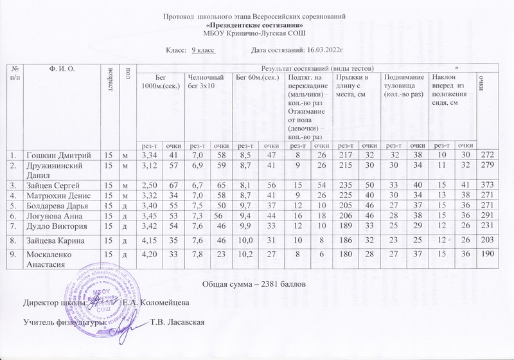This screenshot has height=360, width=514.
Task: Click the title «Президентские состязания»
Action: click(x=255, y=24)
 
